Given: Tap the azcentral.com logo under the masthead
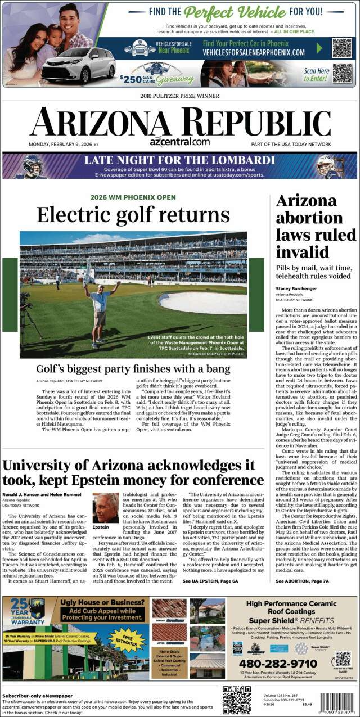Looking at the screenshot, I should [x=179, y=142].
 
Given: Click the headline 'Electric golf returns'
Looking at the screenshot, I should [x=133, y=215].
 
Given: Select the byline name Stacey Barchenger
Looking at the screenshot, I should [x=296, y=288].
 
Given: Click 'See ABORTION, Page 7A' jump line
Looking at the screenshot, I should [x=303, y=580].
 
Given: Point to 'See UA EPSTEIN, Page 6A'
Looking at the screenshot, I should [x=210, y=580].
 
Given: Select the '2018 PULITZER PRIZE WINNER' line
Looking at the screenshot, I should [x=179, y=96].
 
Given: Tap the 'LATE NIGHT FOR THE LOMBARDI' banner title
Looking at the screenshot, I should [x=179, y=160].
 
